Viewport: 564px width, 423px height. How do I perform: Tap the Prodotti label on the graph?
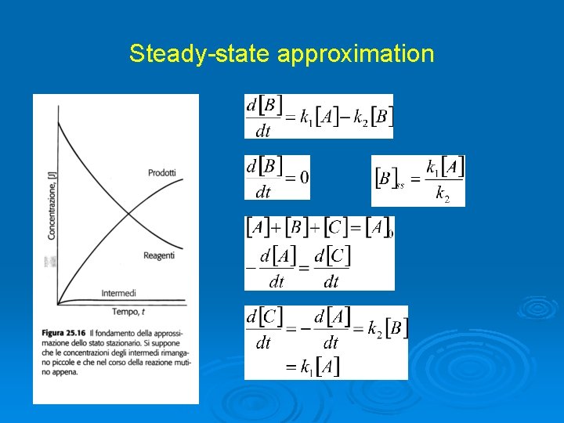click(161, 172)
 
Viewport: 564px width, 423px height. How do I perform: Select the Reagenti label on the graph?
click(159, 256)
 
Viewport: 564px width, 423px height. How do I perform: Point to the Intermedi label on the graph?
click(118, 293)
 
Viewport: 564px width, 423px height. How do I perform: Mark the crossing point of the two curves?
click(128, 213)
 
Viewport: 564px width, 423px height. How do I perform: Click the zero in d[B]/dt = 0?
click(303, 178)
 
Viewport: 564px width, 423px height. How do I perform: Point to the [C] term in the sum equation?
click(336, 229)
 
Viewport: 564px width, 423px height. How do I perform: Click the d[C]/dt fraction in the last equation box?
click(263, 329)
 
